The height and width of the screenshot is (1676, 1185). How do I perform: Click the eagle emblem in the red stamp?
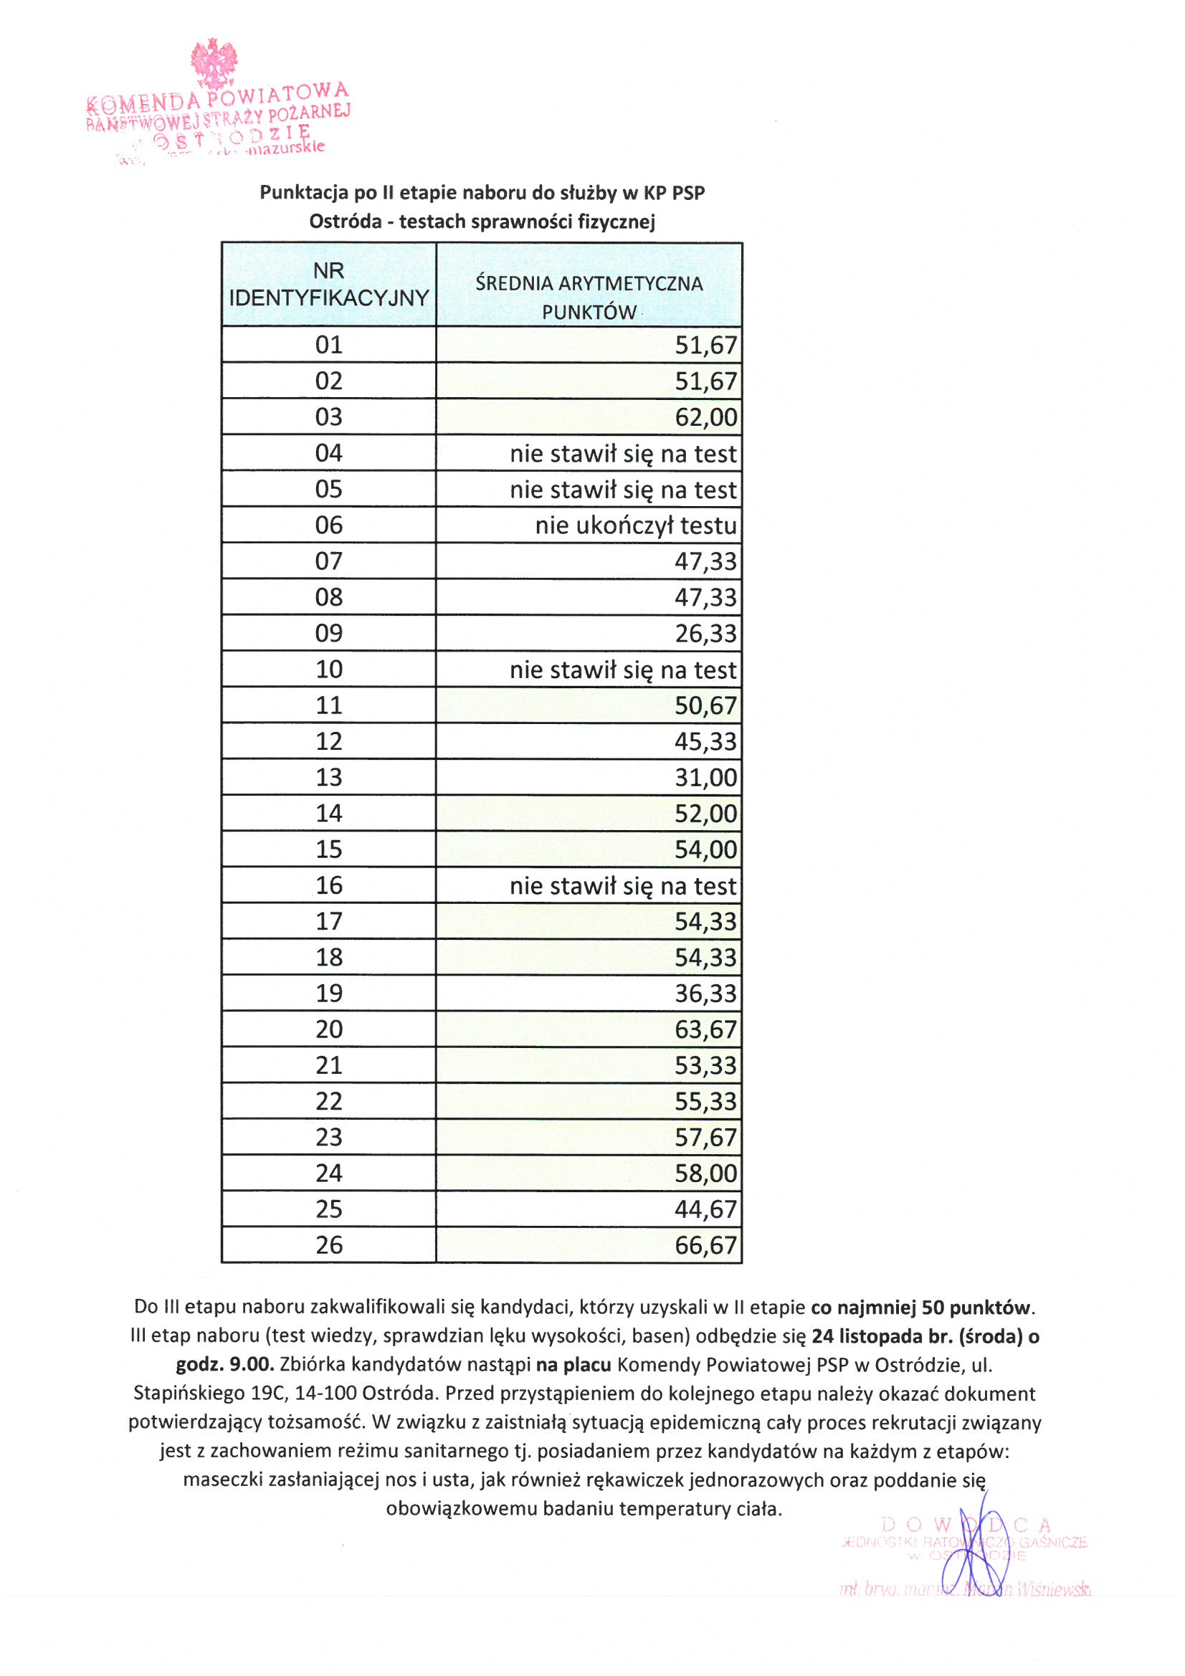pos(214,64)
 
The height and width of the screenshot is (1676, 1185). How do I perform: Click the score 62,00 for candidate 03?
pos(705,416)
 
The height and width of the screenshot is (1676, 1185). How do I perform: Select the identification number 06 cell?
pos(328,525)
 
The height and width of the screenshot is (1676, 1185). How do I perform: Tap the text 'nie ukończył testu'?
pos(635,525)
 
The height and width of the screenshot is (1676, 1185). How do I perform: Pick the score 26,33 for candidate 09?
pos(705,633)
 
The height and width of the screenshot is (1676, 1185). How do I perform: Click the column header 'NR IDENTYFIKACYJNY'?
pos(328,284)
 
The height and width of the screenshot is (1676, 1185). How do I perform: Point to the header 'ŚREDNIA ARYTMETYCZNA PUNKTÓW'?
pos(589,297)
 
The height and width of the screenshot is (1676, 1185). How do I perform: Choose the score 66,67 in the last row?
pos(705,1244)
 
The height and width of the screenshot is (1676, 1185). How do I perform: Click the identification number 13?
pos(328,776)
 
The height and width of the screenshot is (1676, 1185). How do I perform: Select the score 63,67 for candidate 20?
pos(705,1029)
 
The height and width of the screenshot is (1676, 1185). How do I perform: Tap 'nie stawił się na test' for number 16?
pos(623,885)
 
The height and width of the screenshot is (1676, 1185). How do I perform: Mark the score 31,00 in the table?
pos(705,777)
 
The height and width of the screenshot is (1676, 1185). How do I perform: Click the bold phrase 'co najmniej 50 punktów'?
pos(922,1308)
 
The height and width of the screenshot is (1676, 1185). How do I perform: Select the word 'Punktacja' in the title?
pos(304,193)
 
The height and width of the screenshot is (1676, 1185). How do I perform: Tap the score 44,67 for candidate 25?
pos(705,1209)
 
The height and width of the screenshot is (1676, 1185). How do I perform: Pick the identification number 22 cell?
pos(328,1101)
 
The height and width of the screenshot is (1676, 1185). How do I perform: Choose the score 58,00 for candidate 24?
pos(705,1173)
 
